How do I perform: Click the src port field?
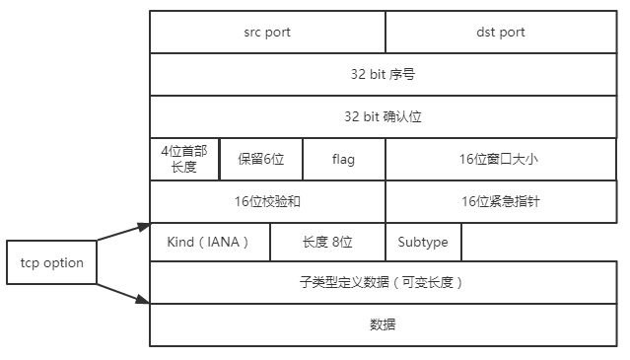point(267,32)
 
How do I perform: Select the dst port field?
point(501,32)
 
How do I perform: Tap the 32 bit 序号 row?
point(384,74)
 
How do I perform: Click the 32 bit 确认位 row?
point(384,116)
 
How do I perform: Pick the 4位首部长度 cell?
point(184,159)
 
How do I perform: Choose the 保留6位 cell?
point(260,159)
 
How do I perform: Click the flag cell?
point(343,159)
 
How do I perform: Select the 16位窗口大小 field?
point(501,159)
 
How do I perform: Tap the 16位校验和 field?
point(267,201)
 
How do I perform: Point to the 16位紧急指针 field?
point(501,201)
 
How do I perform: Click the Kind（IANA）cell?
point(209,242)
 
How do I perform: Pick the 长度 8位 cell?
point(326,242)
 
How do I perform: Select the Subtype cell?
point(423,242)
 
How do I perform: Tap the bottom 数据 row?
point(384,324)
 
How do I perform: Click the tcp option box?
point(51,263)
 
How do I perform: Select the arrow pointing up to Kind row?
point(124,238)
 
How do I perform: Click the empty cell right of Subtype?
point(539,242)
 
